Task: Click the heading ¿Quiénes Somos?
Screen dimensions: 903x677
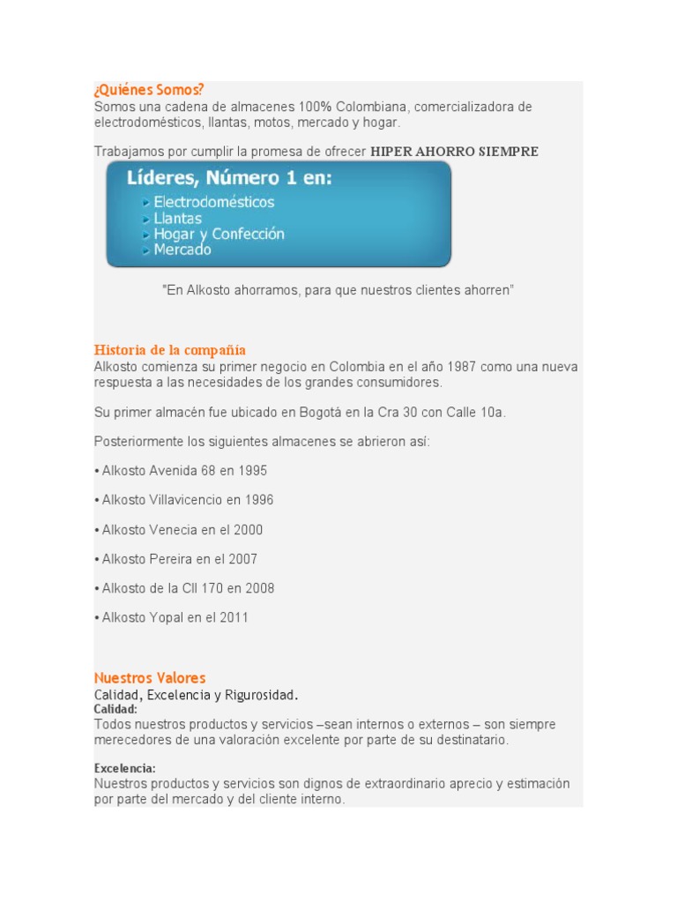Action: (149, 90)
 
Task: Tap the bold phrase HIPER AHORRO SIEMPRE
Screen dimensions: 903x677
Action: (454, 152)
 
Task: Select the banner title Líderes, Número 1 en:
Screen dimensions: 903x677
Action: (230, 178)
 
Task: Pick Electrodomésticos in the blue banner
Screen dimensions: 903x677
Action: (214, 202)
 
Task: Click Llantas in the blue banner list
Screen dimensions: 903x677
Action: (177, 218)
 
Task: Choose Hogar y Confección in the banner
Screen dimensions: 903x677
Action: (219, 234)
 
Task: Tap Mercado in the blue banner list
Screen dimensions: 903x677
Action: (182, 250)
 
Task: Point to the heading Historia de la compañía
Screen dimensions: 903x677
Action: (170, 350)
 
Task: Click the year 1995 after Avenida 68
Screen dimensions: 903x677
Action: (252, 471)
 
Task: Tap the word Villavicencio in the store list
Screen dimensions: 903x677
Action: (185, 500)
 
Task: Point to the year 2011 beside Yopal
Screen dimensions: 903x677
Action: (234, 617)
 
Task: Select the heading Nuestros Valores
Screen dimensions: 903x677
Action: (150, 678)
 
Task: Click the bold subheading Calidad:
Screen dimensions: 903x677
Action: (115, 709)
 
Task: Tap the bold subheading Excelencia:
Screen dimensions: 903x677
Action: (125, 768)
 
